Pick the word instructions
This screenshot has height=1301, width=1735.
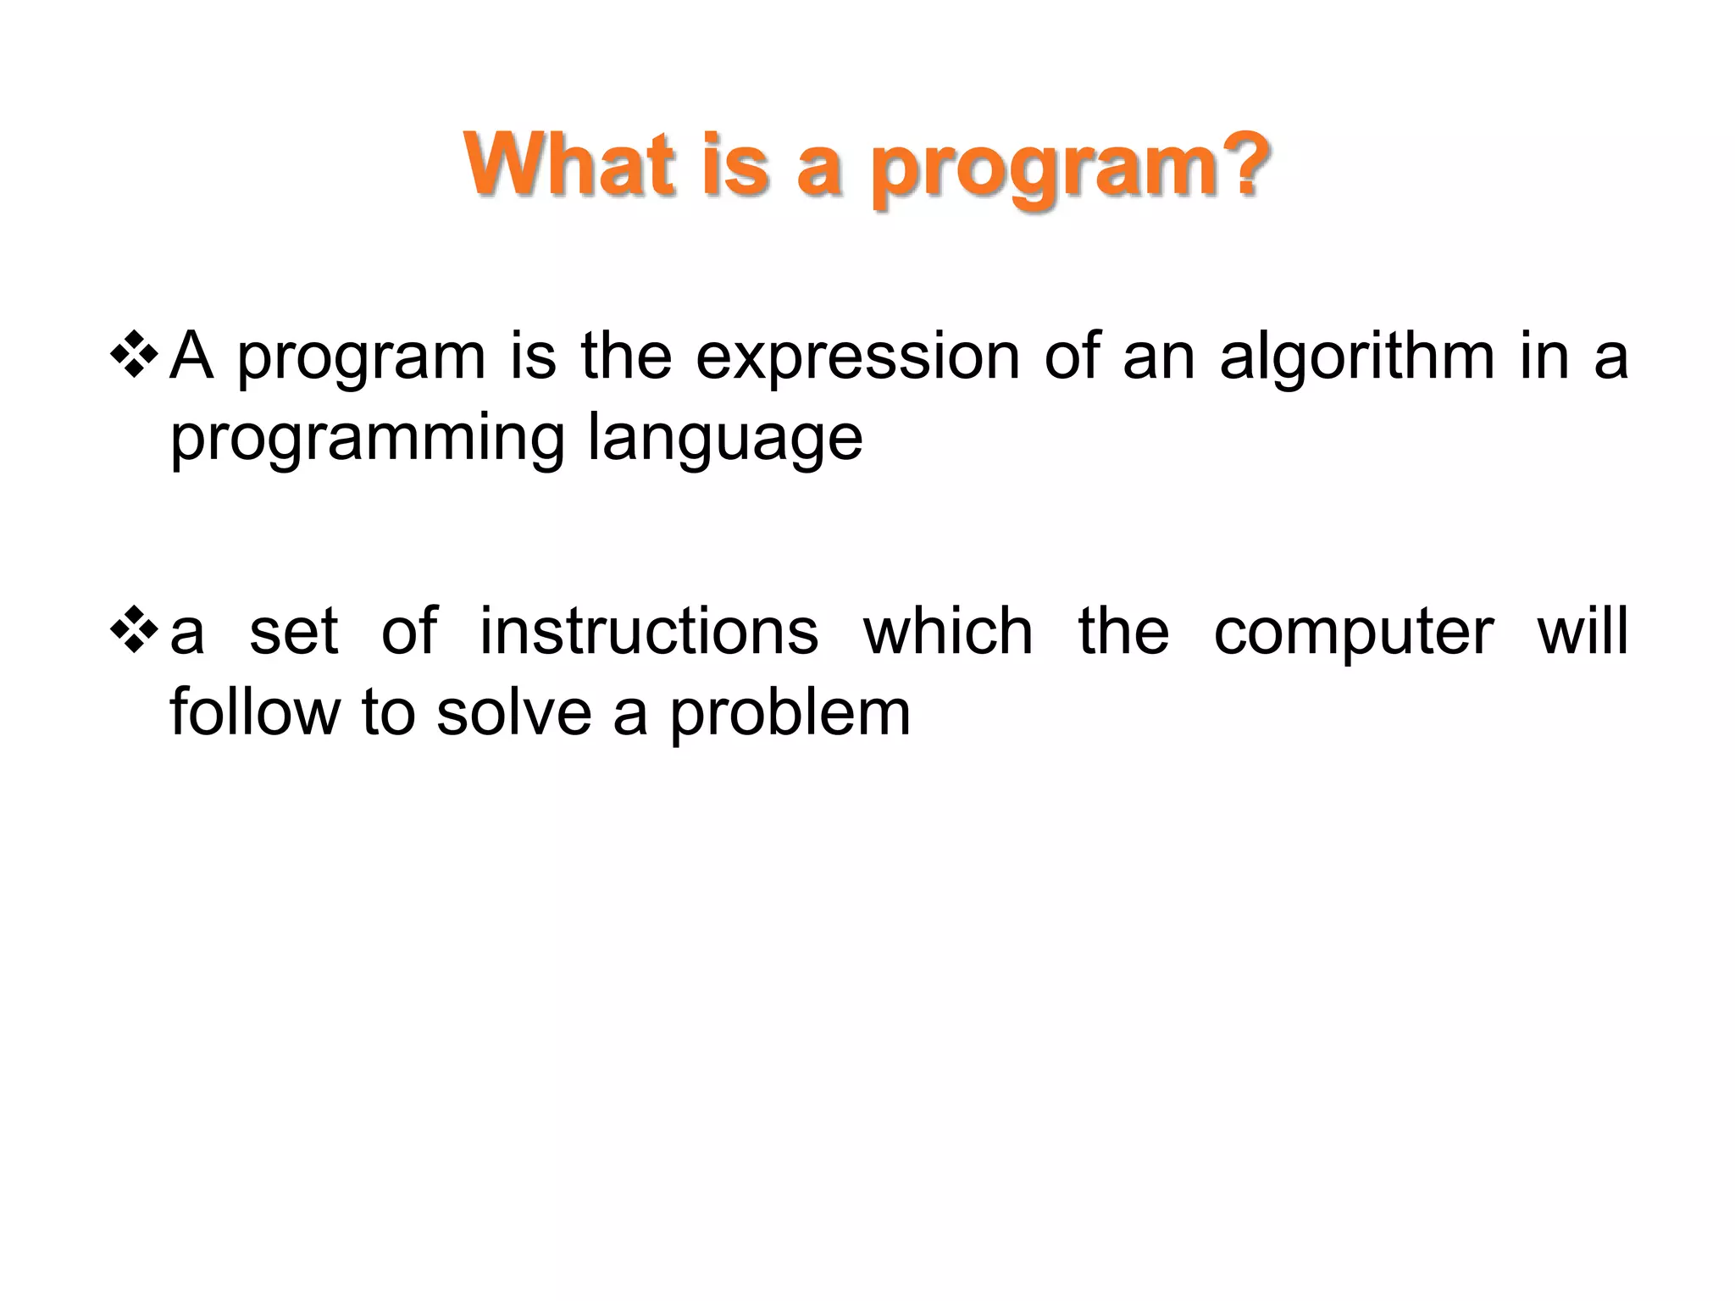[649, 632]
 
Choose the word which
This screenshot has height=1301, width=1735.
[949, 632]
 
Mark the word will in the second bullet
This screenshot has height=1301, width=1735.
[1583, 632]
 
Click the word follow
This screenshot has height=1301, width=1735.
[254, 713]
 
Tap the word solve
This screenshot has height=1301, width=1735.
[513, 713]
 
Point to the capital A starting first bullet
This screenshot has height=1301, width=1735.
[191, 357]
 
